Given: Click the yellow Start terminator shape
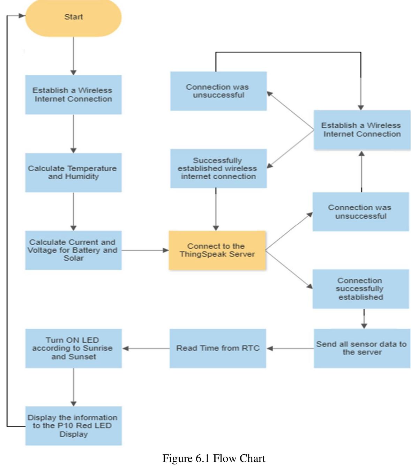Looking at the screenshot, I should pos(73,17).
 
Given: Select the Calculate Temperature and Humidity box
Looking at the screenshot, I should pos(73,172).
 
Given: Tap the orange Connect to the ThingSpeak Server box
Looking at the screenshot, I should pos(217,250).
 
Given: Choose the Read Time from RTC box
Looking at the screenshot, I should pos(218,348).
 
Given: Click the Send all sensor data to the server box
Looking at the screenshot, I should pos(362,348).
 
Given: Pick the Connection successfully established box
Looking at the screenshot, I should pos(360,289).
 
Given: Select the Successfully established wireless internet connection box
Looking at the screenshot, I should pos(218,169).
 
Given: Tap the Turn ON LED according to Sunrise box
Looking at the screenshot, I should pos(73,348).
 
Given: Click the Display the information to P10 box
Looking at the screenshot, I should pos(73,426).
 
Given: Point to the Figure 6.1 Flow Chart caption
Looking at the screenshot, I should pos(214,458).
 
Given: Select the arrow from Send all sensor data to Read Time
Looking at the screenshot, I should pos(290,348).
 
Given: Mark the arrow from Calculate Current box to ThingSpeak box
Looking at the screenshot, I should pos(145,250).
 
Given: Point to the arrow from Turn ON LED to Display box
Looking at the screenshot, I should pos(73,387).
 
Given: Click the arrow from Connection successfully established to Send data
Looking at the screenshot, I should pos(364,319).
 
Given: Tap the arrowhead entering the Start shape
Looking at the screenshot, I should pos(22,16).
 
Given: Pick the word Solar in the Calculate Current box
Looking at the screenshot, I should pos(73,258).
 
